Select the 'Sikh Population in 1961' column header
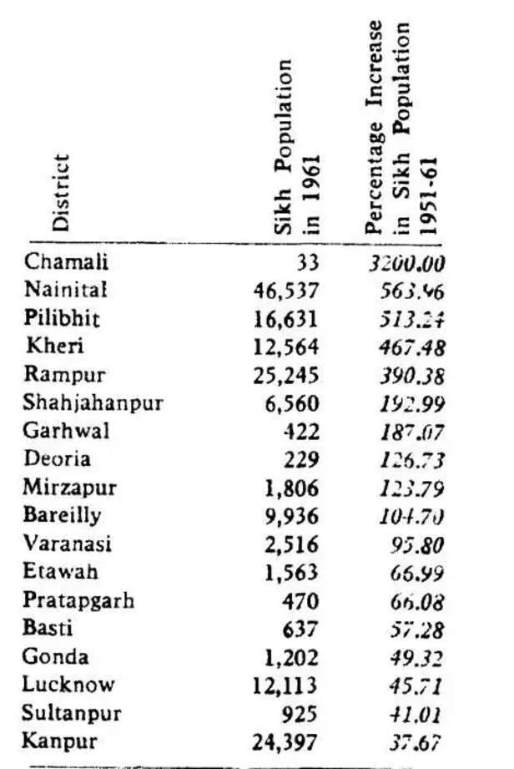pos(297,147)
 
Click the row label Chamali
pos(67,261)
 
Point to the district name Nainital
pos(67,290)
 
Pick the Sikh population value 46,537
pos(286,291)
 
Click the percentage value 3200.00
pos(407,263)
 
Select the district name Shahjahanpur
pos(93,403)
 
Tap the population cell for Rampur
pos(286,375)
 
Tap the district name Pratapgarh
pos(79,600)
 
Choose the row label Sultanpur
pos(73,713)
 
